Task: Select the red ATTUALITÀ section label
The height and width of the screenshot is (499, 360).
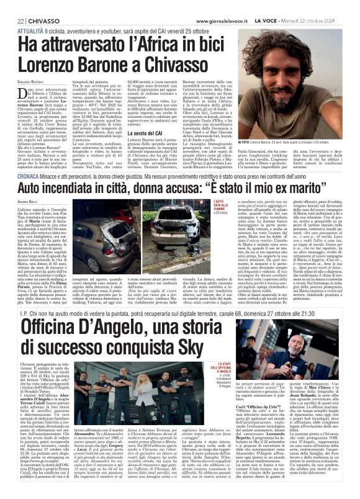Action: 21,30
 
